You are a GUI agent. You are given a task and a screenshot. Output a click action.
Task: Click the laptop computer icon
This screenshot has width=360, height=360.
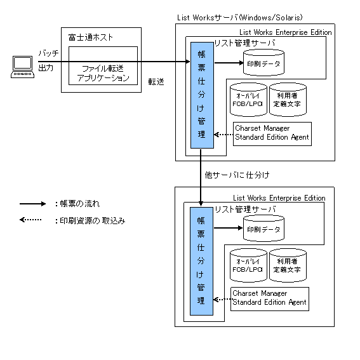(x=22, y=67)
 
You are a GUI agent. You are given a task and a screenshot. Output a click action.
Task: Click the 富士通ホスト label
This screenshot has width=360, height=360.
(x=90, y=37)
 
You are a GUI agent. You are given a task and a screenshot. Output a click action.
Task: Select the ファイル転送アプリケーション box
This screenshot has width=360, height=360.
(x=103, y=65)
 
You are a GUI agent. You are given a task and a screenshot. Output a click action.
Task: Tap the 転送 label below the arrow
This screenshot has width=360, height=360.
(x=156, y=81)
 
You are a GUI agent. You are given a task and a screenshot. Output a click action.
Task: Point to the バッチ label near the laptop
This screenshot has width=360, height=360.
(x=48, y=53)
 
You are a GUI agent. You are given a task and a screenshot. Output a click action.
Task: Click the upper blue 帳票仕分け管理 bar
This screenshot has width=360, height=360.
(x=202, y=95)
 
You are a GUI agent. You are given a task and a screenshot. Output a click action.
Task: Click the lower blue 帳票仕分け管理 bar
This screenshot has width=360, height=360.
(x=201, y=261)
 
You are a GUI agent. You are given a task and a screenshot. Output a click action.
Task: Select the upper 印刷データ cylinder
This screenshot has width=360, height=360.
(x=263, y=62)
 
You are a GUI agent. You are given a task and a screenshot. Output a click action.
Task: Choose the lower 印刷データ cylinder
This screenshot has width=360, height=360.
(x=263, y=228)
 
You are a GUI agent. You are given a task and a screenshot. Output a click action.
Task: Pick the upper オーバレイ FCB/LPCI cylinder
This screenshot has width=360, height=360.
(x=248, y=100)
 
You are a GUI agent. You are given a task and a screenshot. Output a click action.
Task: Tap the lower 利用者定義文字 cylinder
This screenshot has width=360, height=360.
(x=288, y=265)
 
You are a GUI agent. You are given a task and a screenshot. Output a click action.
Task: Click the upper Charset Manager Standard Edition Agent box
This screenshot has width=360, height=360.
(x=272, y=134)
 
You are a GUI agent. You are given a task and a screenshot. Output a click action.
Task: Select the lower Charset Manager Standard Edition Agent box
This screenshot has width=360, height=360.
(x=270, y=299)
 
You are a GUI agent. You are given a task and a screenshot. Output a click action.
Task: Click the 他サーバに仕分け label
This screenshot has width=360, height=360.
(x=237, y=175)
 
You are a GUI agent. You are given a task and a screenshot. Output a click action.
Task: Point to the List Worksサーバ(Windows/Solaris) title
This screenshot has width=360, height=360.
(x=240, y=17)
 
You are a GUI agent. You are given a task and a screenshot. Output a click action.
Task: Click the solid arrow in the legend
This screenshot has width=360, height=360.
(x=32, y=204)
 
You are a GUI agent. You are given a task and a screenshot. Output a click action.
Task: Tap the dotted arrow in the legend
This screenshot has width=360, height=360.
(x=30, y=220)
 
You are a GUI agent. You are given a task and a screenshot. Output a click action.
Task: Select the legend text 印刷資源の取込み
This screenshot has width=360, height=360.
(x=93, y=221)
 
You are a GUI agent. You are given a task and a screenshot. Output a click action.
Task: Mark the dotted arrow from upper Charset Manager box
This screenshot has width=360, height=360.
(x=223, y=135)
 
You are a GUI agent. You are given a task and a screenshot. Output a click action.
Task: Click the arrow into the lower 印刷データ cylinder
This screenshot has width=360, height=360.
(x=228, y=228)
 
